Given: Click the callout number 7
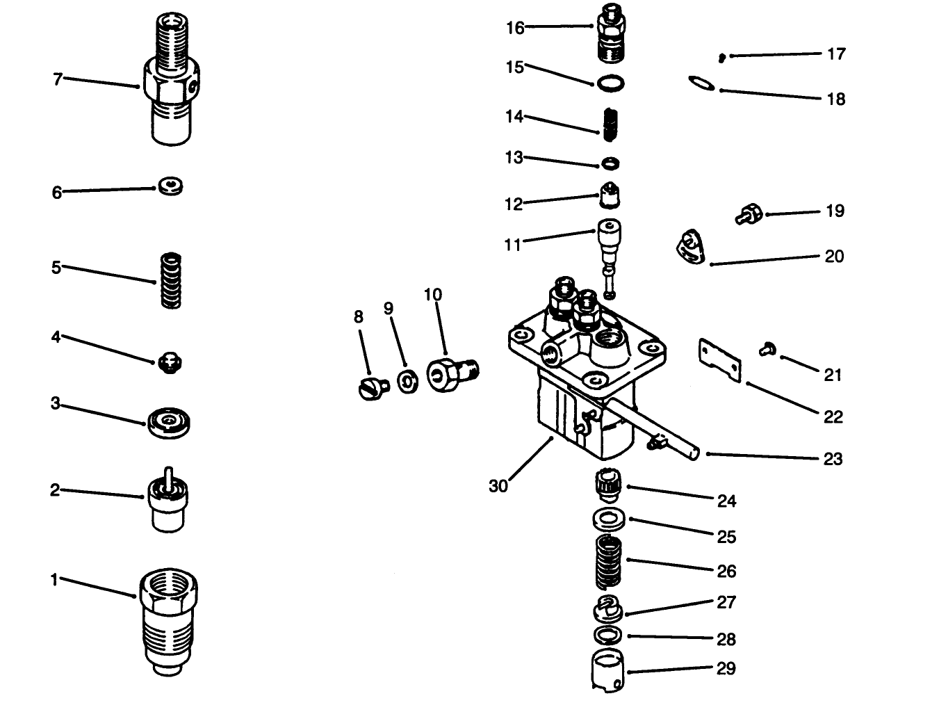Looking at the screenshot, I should (x=58, y=79).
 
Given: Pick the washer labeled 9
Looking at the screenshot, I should (x=407, y=381).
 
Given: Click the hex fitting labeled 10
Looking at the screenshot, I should (x=450, y=376).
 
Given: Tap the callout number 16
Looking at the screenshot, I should (x=514, y=28).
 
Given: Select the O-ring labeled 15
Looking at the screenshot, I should (x=610, y=84).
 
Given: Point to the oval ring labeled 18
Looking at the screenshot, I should (x=701, y=83).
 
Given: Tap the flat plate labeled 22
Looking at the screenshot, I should (x=719, y=360).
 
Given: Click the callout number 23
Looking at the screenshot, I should (x=833, y=459).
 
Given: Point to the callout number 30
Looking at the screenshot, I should (x=498, y=486).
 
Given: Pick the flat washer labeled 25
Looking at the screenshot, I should (x=609, y=519).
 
